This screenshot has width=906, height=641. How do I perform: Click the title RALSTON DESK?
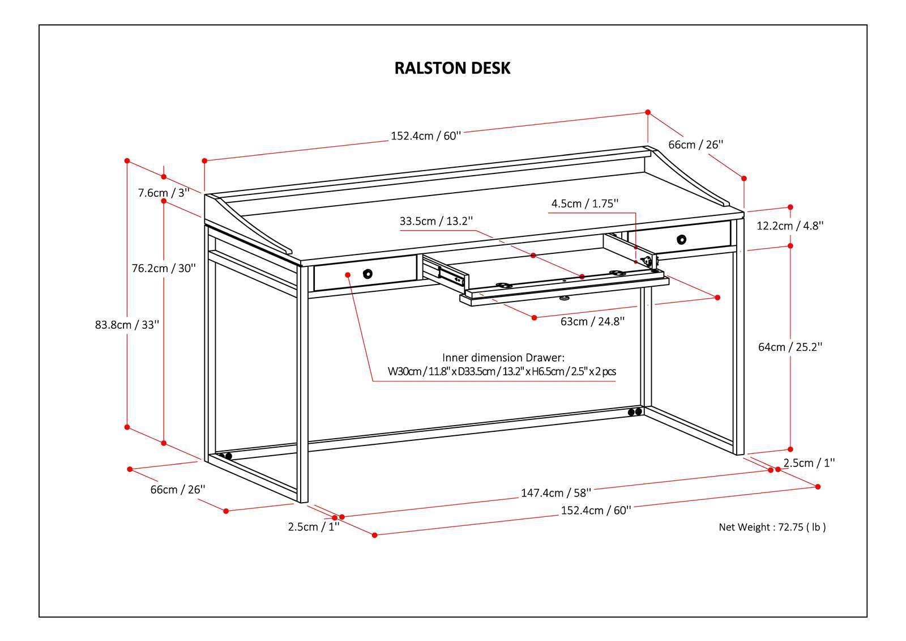pyautogui.click(x=452, y=68)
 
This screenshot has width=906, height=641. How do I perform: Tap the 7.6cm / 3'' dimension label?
pyautogui.click(x=164, y=193)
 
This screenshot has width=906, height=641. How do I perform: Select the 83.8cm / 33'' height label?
pyautogui.click(x=127, y=325)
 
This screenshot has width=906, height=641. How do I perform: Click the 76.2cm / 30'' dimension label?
pyautogui.click(x=164, y=268)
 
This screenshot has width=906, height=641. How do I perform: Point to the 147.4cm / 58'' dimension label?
pyautogui.click(x=555, y=493)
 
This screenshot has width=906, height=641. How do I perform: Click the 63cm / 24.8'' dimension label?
pyautogui.click(x=592, y=321)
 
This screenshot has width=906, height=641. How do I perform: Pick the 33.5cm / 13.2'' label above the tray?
pyautogui.click(x=436, y=221)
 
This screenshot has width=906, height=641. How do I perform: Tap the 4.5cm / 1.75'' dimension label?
pyautogui.click(x=585, y=203)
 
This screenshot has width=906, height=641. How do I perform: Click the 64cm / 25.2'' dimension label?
pyautogui.click(x=790, y=347)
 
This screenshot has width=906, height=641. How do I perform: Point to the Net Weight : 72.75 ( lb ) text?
pyautogui.click(x=772, y=527)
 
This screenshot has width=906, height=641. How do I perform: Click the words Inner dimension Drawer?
pyautogui.click(x=503, y=358)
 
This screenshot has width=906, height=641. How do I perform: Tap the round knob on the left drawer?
pyautogui.click(x=368, y=274)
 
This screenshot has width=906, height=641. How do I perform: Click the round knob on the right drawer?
pyautogui.click(x=681, y=239)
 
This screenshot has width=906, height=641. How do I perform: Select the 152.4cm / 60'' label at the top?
pyautogui.click(x=426, y=136)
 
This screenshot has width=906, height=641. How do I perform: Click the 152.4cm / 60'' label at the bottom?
pyautogui.click(x=596, y=510)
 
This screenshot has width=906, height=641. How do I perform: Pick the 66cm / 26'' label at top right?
pyautogui.click(x=695, y=145)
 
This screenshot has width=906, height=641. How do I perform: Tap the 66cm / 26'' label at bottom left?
pyautogui.click(x=177, y=490)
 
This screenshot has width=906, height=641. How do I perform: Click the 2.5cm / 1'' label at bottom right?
pyautogui.click(x=809, y=463)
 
